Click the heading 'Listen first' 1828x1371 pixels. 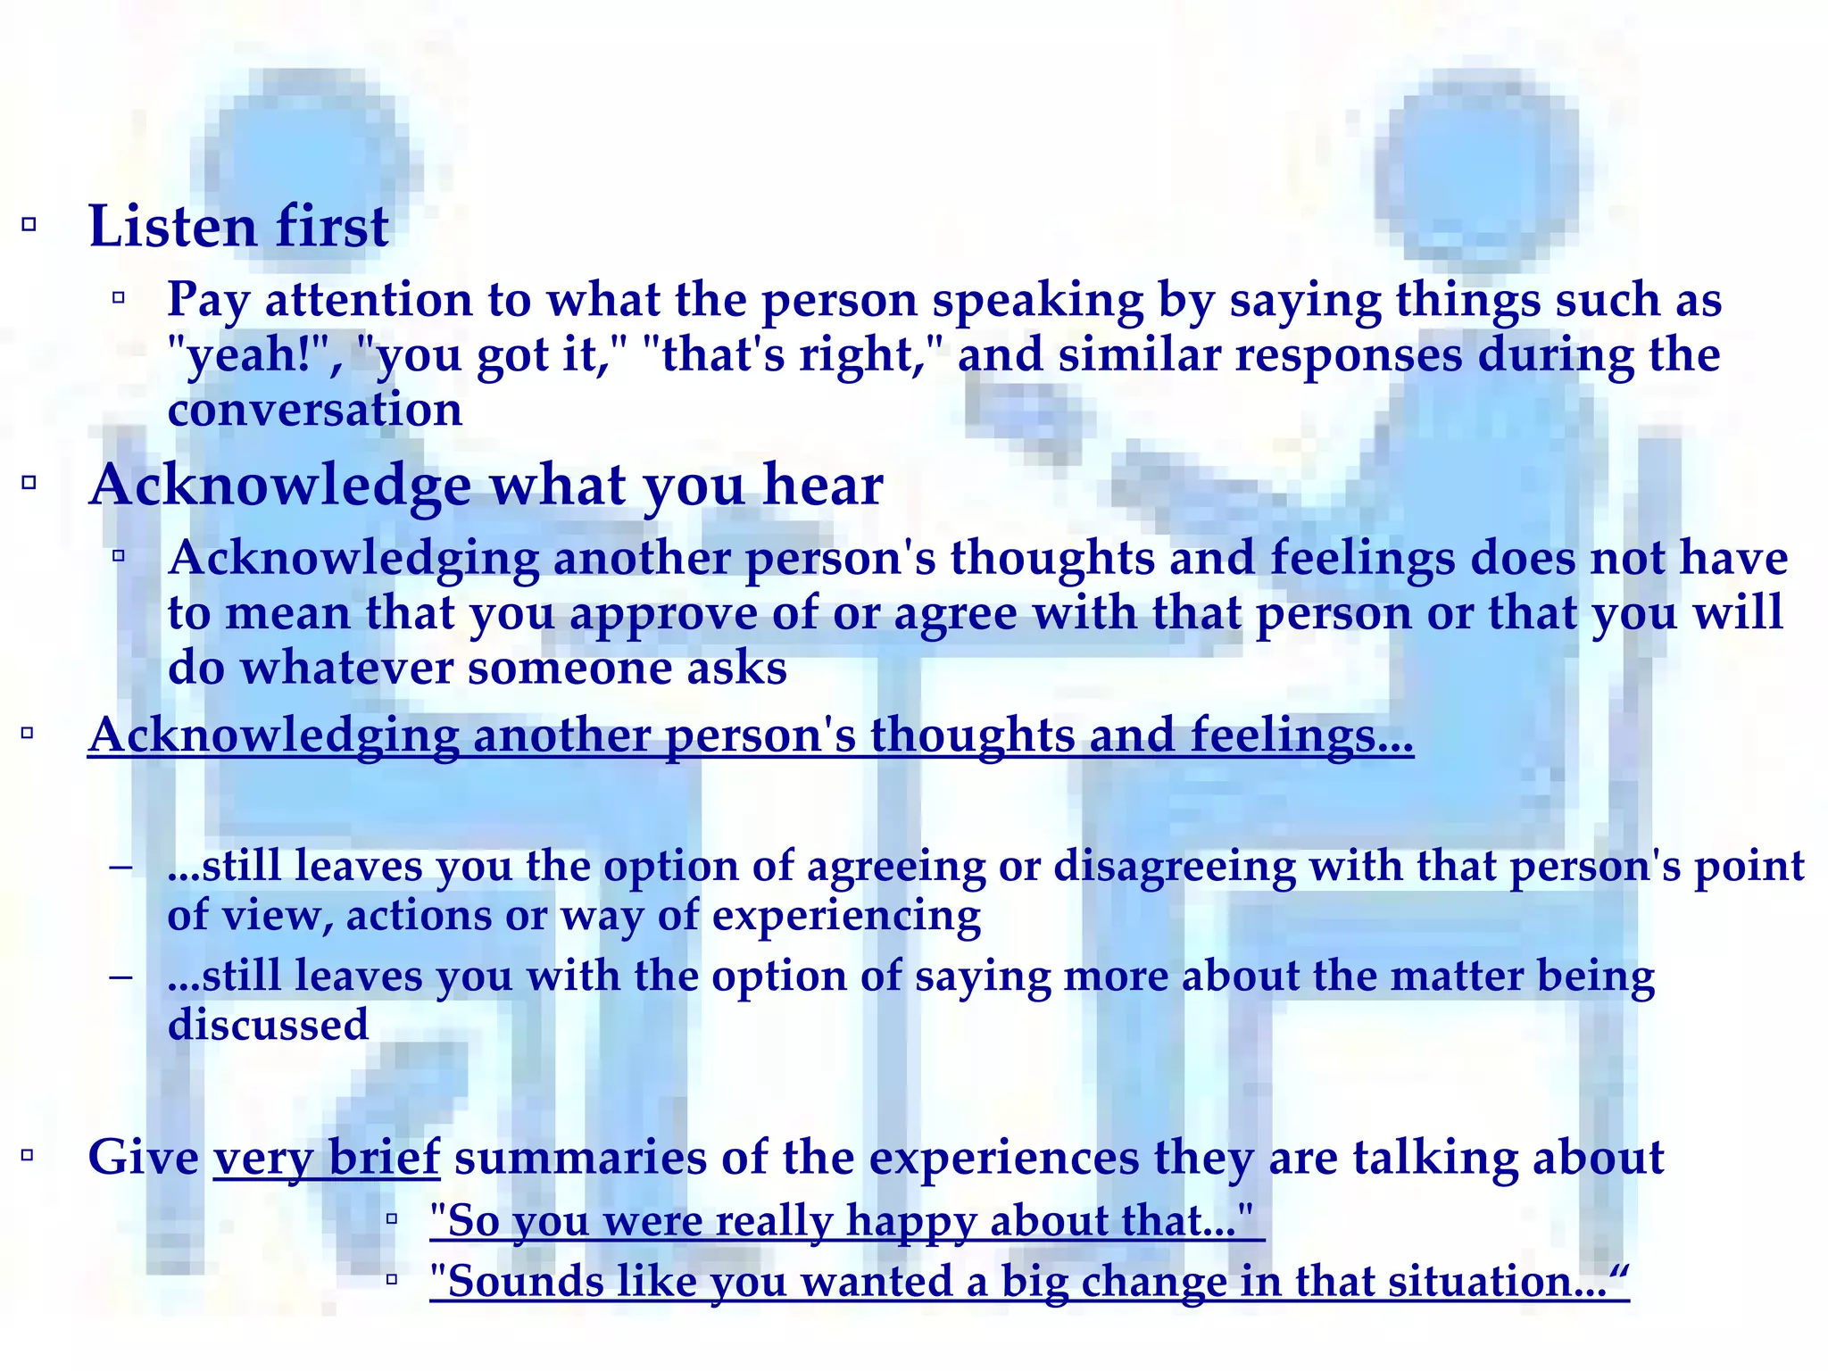pos(238,227)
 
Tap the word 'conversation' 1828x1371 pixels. pos(315,411)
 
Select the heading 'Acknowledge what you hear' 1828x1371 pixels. pos(486,486)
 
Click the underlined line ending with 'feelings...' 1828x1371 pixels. pos(750,736)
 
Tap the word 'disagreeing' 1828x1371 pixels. pos(1174,867)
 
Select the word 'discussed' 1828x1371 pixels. pos(268,1025)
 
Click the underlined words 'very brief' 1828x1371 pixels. pos(327,1158)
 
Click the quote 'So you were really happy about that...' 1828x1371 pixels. pos(845,1220)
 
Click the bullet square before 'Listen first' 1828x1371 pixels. pos(29,224)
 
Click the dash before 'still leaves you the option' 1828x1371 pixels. pos(120,867)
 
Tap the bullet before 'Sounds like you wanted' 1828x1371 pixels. pos(392,1280)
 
